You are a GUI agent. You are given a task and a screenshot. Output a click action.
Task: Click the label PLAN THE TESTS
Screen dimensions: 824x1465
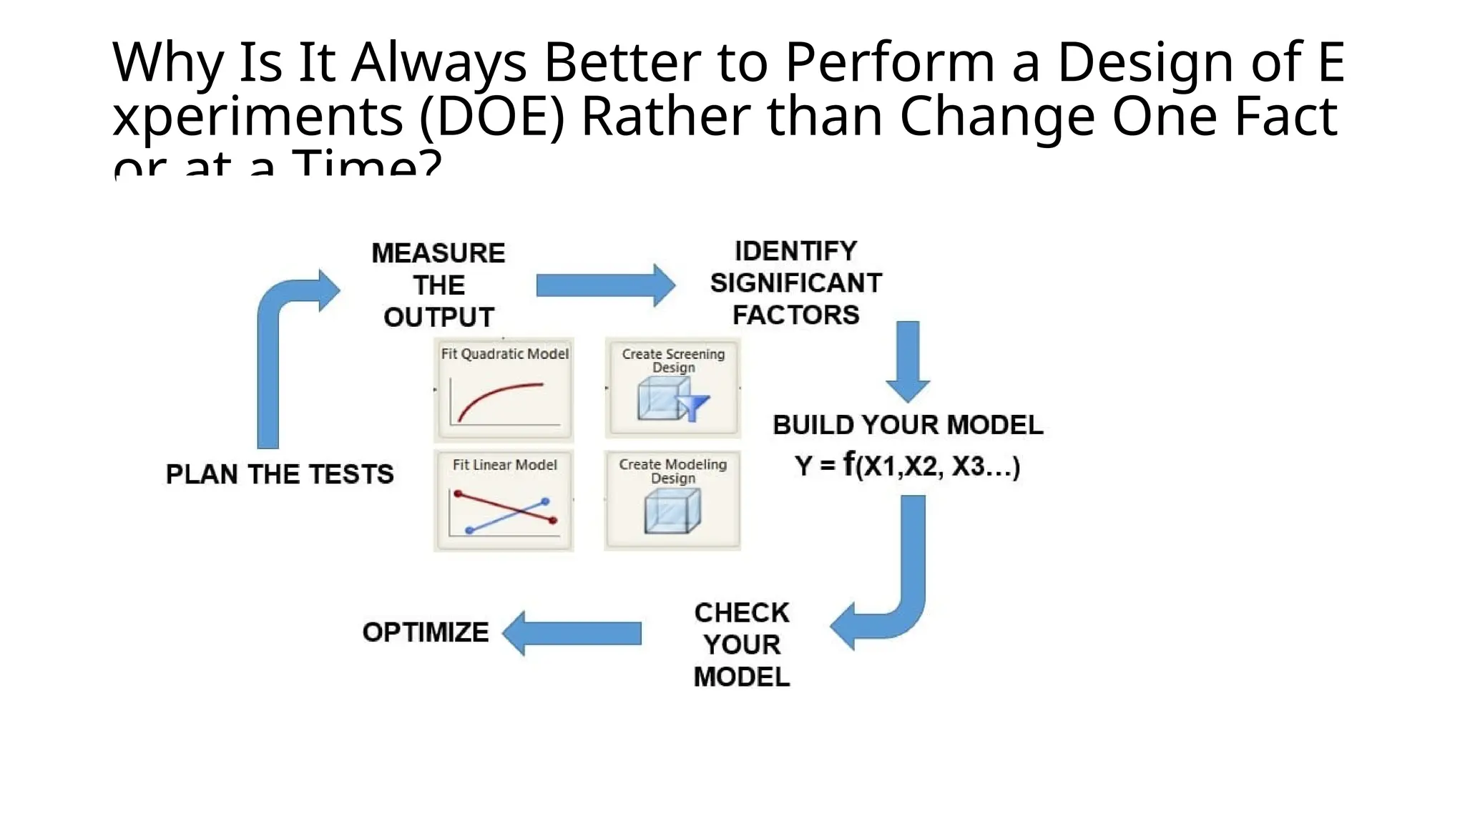pos(280,474)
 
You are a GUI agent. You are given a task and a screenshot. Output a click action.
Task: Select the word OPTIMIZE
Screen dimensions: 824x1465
pos(426,632)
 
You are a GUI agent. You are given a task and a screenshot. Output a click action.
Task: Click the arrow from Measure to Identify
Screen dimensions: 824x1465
pos(604,285)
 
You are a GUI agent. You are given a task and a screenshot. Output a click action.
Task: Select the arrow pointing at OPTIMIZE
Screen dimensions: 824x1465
pos(572,633)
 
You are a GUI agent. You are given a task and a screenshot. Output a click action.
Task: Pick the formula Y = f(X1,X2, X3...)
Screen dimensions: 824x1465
pos(907,466)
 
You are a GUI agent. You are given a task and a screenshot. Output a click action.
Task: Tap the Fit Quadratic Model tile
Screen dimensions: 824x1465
pos(504,389)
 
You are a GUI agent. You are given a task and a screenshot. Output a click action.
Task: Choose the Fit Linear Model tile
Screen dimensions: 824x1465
pos(504,500)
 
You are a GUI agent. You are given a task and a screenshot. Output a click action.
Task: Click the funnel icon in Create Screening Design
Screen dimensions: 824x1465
pos(693,407)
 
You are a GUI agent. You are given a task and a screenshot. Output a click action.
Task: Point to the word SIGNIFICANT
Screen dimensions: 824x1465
pos(795,283)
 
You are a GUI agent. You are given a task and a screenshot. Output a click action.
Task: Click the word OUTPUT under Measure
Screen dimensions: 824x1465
pos(438,317)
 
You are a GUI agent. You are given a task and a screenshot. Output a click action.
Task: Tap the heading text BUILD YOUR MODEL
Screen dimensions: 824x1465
pos(907,425)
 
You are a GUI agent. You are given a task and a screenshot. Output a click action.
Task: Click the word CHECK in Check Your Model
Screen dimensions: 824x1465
pos(742,613)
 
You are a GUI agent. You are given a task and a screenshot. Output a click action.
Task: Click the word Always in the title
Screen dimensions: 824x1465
pos(438,62)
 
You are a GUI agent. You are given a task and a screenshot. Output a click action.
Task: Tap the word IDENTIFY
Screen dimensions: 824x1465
pos(795,251)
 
